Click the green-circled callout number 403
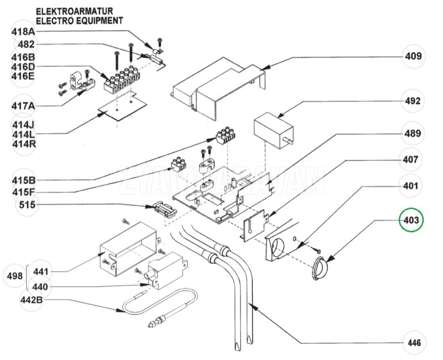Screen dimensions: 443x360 (411, 220)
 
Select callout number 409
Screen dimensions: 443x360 (413, 56)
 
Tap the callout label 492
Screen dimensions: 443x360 (412, 101)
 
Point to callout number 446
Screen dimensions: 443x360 (414, 343)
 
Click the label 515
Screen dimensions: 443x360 (28, 205)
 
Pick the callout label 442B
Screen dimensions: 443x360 (32, 300)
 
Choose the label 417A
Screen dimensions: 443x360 (23, 106)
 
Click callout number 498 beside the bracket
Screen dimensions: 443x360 (15, 276)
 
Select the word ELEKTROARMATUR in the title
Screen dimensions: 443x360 (74, 11)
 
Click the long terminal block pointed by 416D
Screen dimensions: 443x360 (122, 80)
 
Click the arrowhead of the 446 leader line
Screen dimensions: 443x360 (253, 307)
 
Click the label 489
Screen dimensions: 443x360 (412, 133)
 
